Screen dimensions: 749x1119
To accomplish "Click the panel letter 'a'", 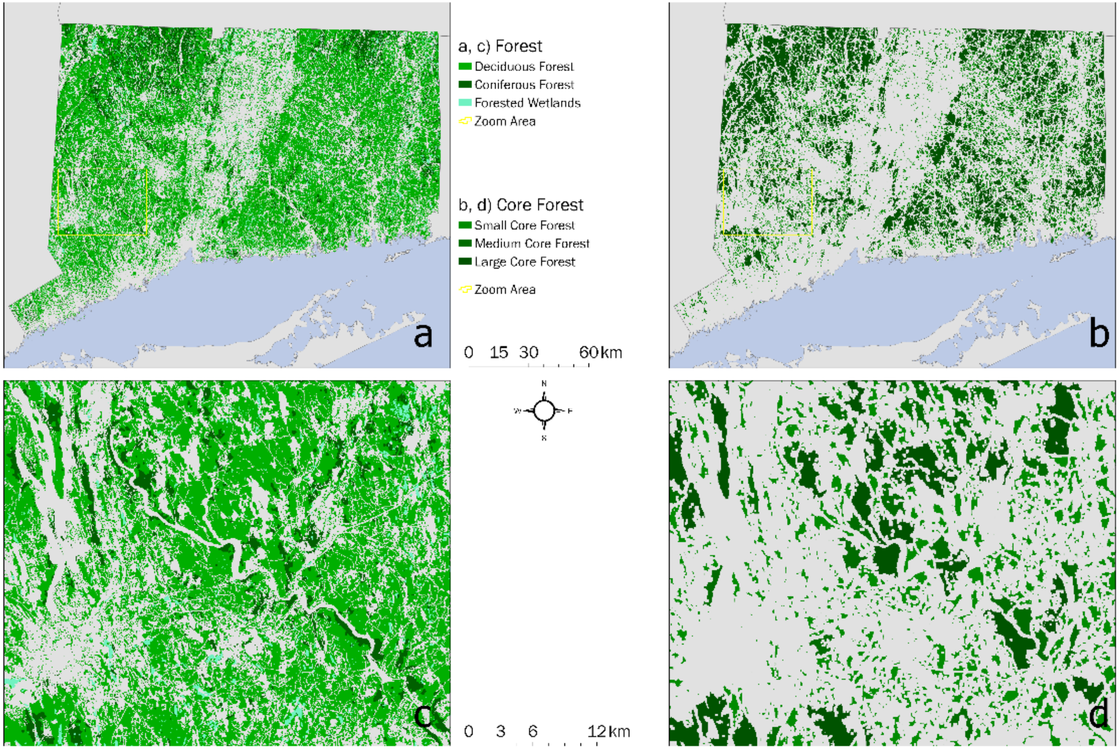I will pos(423,335).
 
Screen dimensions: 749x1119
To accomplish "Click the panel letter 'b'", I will pos(1099,334).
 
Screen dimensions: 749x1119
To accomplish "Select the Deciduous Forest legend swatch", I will pos(465,66).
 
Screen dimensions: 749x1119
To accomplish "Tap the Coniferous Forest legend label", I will pos(524,84).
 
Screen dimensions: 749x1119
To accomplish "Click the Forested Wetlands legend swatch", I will pos(465,103).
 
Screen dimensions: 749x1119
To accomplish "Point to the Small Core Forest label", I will pos(524,225).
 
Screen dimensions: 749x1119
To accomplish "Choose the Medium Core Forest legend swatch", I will pos(465,243).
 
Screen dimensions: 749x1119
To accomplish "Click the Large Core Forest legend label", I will pos(524,262).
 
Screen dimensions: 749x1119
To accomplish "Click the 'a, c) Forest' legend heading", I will pos(500,46).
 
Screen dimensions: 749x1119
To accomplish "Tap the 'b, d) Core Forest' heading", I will pos(520,205).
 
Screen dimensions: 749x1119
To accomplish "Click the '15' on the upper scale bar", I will pos(499,353).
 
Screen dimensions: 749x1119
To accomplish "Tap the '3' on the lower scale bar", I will pos(500,731).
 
